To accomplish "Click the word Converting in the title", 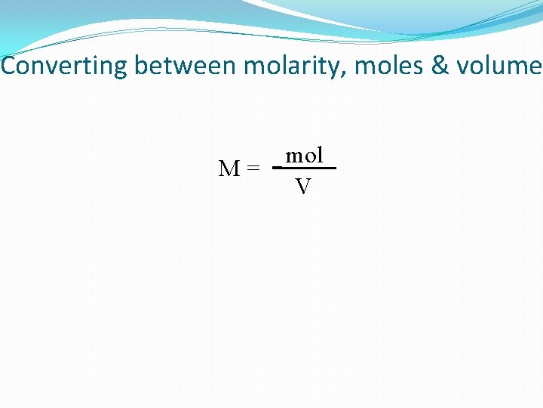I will pos(65,66).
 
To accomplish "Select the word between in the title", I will pos(186,66).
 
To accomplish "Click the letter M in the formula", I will pos(229,169).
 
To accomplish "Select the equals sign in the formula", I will pos(253,169).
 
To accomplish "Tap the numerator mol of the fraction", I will pos(305,156).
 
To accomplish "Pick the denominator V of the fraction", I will pos(303,187).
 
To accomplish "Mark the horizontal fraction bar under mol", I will pos(305,168).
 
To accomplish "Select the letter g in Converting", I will pos(121,69).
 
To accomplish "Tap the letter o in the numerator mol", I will pos(310,156).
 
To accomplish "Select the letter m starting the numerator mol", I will pos(295,156).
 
